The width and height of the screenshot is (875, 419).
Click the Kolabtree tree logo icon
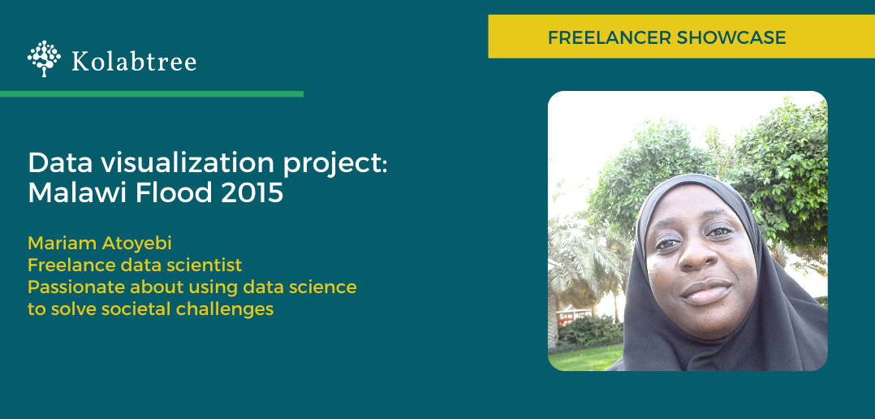[44, 58]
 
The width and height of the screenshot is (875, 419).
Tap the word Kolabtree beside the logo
[134, 62]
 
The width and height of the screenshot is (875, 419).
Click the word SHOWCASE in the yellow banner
[731, 37]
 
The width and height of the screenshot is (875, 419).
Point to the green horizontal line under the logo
[152, 93]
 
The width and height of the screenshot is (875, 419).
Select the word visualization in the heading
[179, 163]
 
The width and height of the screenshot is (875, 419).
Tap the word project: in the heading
[333, 165]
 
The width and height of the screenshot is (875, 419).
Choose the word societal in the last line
[135, 309]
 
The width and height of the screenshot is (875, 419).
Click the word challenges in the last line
[224, 309]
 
